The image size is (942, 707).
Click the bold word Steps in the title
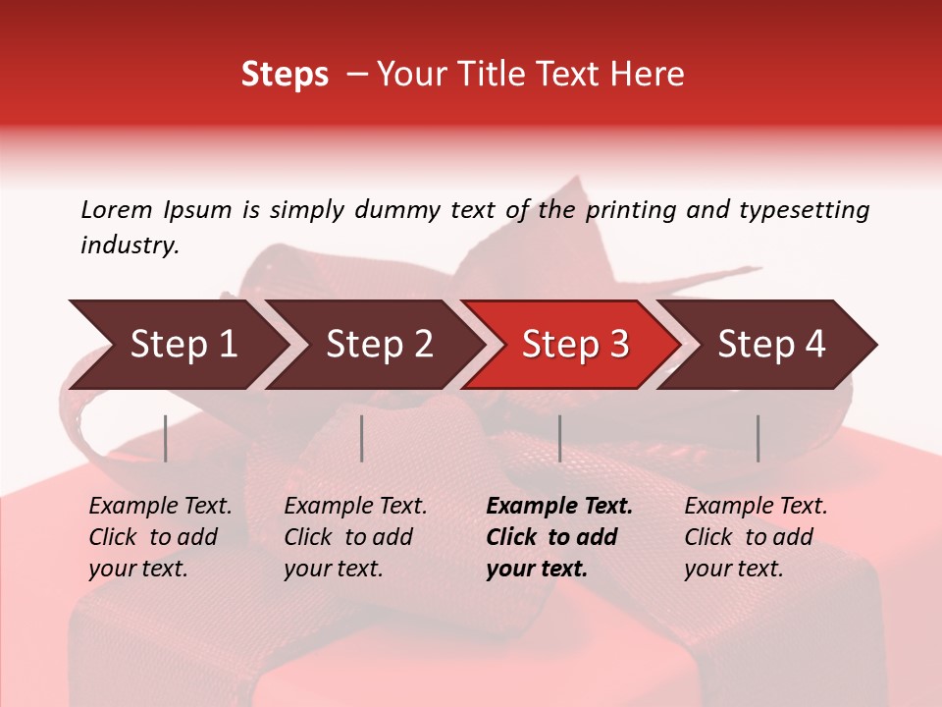tap(285, 75)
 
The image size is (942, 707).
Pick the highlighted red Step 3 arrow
tap(575, 345)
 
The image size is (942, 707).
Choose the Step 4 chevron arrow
tap(771, 345)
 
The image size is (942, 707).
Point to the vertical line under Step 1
tap(166, 438)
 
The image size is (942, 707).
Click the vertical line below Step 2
tap(362, 438)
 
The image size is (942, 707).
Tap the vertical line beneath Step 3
tap(559, 438)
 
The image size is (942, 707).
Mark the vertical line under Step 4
tap(758, 438)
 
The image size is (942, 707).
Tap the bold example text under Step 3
tap(558, 537)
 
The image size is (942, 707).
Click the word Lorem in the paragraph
tap(116, 210)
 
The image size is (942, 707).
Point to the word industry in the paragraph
tap(129, 245)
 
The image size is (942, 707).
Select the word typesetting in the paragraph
tap(804, 210)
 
